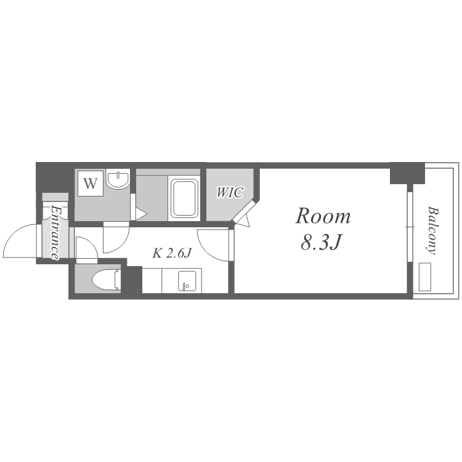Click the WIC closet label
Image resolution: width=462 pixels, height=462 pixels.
[x=230, y=192]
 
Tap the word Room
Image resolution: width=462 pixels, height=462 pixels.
[x=323, y=216]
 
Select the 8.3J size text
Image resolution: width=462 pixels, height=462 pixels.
[x=321, y=243]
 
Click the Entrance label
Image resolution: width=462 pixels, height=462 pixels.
[x=55, y=232]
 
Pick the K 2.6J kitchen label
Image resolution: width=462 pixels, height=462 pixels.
[x=172, y=253]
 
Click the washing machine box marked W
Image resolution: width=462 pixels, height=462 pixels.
[x=91, y=184]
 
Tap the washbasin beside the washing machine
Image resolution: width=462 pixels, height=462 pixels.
[x=118, y=179]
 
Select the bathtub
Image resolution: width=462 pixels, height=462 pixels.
[x=184, y=198]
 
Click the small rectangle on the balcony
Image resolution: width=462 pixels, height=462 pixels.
[x=425, y=277]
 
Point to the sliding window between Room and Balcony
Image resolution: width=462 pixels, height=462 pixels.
[x=410, y=227]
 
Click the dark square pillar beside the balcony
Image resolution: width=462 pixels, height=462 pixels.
[x=408, y=174]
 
